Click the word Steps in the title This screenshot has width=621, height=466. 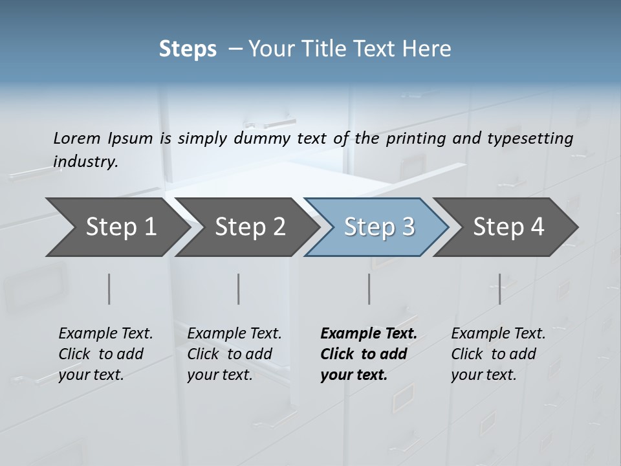188,49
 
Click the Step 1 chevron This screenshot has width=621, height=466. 116,227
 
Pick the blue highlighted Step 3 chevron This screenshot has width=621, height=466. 378,227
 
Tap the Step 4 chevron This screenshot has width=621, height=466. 508,227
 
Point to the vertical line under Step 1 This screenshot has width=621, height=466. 109,289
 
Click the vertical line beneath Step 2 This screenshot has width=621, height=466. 239,289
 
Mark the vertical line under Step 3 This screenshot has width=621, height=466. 369,289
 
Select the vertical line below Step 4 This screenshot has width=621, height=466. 499,289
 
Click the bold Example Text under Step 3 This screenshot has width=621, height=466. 369,334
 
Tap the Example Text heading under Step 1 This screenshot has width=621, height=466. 105,334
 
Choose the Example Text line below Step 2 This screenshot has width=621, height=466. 234,334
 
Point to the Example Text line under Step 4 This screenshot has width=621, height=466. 498,334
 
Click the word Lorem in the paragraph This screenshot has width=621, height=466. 77,138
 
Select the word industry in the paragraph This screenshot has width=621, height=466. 85,162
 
